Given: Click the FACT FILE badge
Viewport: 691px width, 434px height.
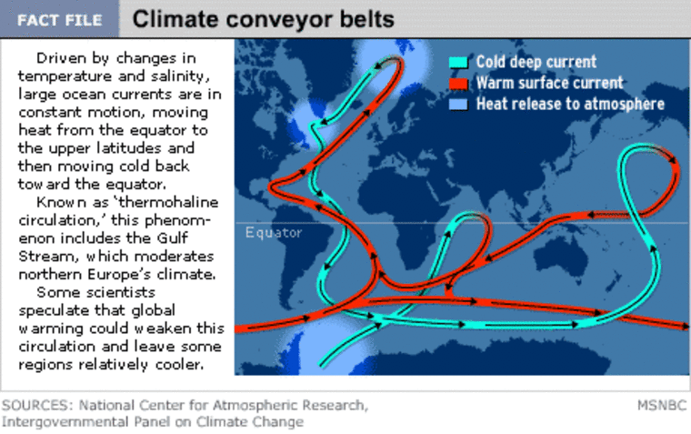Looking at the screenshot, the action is coord(59,20).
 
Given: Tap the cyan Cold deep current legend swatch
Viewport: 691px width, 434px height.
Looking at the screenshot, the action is coord(458,62).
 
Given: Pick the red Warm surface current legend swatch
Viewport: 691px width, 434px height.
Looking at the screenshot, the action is coord(458,84).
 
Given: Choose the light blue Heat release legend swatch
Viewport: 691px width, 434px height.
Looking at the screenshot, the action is coord(458,105).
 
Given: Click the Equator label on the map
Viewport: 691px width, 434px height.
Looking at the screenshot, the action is coord(274,232).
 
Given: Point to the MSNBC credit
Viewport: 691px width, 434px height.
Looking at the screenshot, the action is coord(662,405).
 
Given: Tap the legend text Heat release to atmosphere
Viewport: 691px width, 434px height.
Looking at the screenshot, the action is coord(570,104).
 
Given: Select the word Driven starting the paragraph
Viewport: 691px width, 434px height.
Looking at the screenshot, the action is coord(61,58).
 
